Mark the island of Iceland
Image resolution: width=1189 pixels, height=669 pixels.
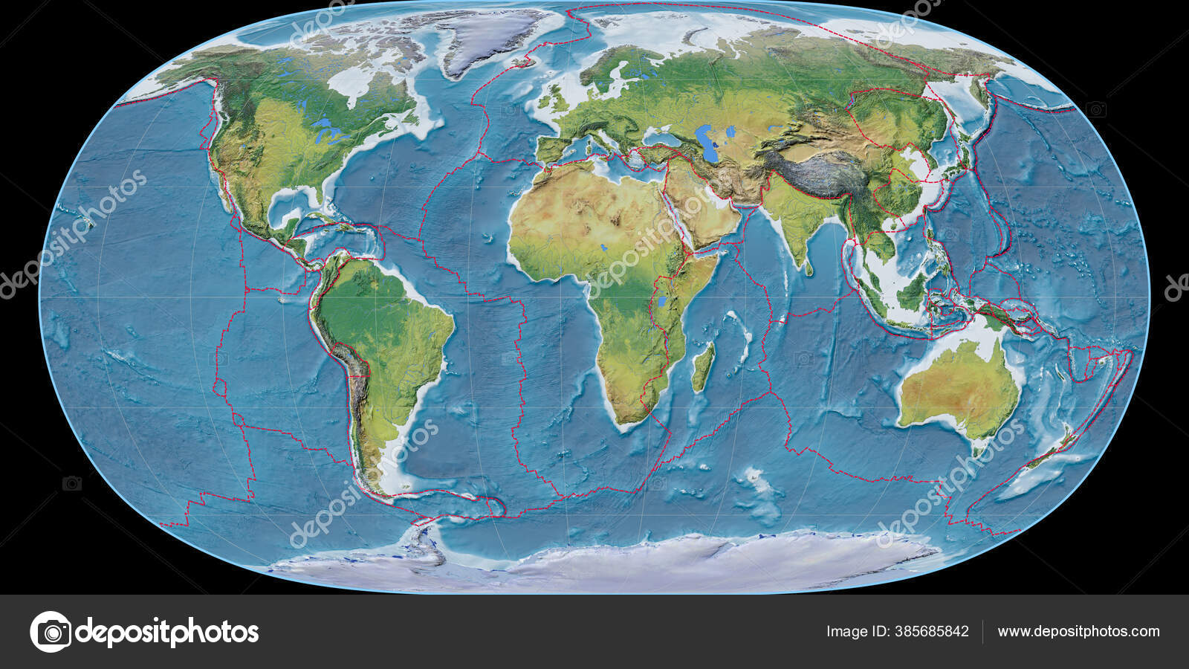[x=528, y=61]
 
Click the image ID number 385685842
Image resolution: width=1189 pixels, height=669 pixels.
[x=931, y=632]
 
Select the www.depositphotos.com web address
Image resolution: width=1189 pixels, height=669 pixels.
[x=1078, y=632]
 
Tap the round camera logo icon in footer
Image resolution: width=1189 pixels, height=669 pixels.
[x=51, y=632]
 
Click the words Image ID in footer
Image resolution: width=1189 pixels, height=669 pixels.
[x=857, y=632]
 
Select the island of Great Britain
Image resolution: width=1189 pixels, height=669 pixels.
[x=553, y=97]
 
